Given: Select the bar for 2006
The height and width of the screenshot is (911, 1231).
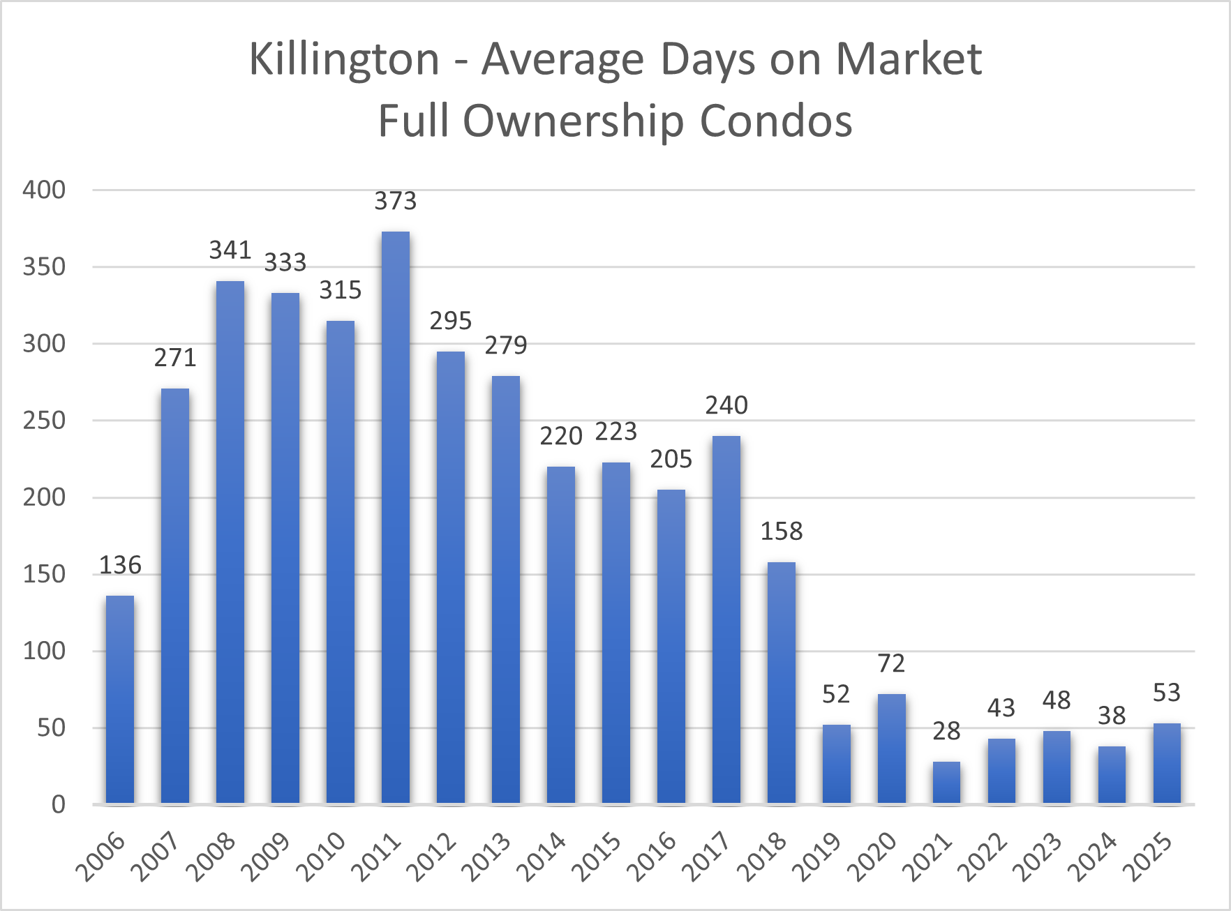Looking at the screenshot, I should tap(120, 700).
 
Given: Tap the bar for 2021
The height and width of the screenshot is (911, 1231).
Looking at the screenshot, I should tap(946, 783).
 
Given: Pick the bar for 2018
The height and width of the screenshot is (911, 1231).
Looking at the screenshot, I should tap(782, 683).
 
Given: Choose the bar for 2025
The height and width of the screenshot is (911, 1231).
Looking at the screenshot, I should tap(1167, 764).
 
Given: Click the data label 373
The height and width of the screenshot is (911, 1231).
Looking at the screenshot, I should tap(396, 202).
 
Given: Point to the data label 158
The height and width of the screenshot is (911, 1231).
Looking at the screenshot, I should tap(782, 532).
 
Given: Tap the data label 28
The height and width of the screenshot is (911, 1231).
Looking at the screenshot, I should tap(946, 731).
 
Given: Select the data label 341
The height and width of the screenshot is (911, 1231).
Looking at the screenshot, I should tap(230, 250).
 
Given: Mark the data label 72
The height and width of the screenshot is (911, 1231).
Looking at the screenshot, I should tap(891, 663).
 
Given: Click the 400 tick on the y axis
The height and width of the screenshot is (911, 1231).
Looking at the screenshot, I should tap(44, 190).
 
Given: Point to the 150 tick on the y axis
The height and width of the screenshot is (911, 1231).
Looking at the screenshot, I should tap(44, 574).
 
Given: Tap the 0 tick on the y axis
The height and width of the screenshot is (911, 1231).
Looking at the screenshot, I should tap(59, 804).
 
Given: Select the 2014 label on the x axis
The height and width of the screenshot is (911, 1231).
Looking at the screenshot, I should tap(541, 857).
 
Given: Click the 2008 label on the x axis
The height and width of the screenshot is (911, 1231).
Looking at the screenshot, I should tap(211, 857).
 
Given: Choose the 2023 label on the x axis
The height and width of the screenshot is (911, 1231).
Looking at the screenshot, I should tap(1037, 857).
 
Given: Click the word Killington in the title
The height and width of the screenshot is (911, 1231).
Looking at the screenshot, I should tap(344, 59).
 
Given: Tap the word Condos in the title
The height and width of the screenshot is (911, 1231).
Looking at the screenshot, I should tap(775, 121).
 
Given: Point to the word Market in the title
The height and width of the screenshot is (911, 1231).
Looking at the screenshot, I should tap(909, 59).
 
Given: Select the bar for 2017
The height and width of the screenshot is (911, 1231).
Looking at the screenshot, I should tap(726, 620).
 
